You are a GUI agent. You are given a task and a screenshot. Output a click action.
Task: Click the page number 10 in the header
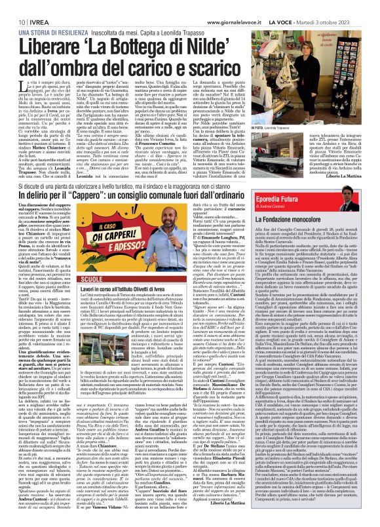[12, 5]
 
